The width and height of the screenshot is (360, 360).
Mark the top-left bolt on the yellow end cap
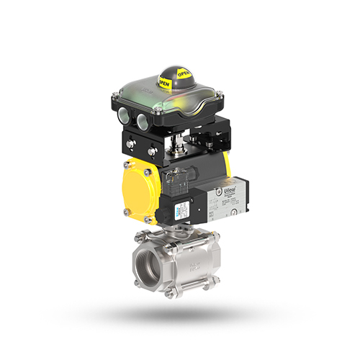point(126,172)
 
